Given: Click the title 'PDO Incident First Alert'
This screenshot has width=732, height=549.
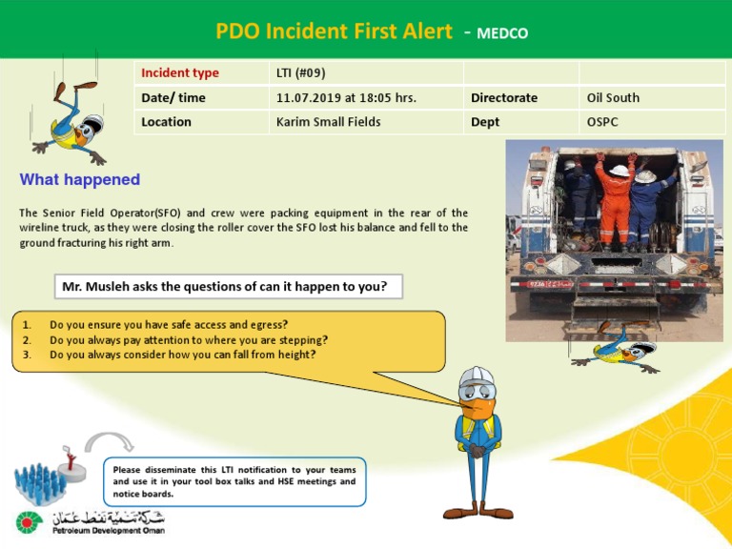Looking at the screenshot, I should pos(334,30).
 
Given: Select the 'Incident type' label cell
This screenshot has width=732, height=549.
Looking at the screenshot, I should pos(180,73).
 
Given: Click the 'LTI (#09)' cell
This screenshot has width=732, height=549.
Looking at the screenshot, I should pos(301,73).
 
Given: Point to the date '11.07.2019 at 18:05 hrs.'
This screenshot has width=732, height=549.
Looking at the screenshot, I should pos(346,97).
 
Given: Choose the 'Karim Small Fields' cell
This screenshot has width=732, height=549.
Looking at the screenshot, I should pos(328,122).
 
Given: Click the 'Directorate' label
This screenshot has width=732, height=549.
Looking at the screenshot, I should pos(504,97).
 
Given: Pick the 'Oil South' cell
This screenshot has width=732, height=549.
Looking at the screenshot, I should pos(613,97).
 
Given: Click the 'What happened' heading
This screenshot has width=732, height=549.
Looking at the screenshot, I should pos(80,179).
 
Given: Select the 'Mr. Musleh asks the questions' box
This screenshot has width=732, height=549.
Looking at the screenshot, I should pos(225,286).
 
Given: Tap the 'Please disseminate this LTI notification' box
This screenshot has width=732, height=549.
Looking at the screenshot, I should pos(234,481).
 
